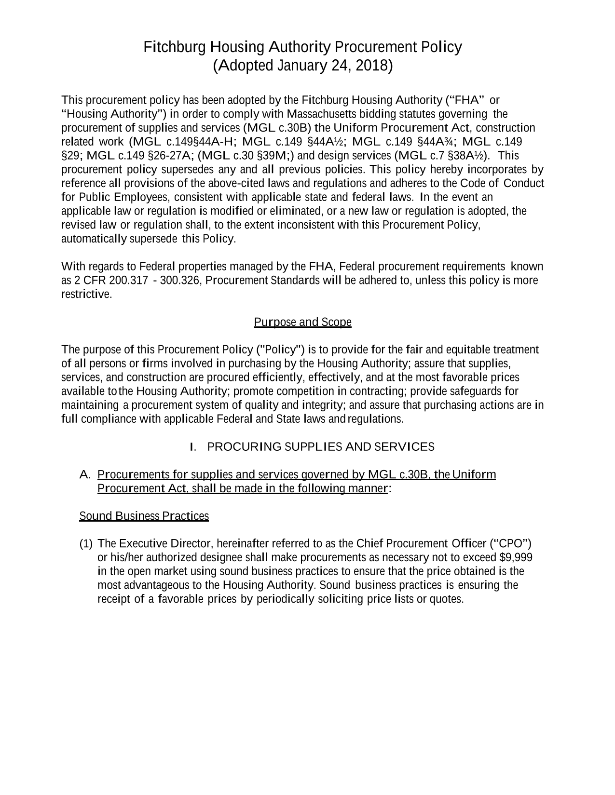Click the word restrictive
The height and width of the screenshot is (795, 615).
click(86, 295)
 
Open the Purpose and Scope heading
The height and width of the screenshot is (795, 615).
click(302, 322)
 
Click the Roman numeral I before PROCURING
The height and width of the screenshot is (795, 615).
click(192, 447)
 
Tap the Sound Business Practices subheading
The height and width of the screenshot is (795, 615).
click(144, 516)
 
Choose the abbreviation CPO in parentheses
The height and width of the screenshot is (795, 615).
click(511, 544)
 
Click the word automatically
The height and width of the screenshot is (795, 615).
click(94, 239)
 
